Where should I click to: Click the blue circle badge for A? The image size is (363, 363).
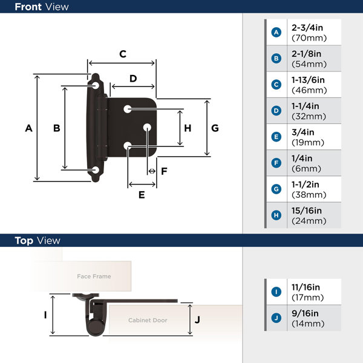coord(276,33)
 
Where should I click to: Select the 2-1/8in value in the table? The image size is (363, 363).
coord(307,54)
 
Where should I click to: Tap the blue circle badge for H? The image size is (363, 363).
coord(276,215)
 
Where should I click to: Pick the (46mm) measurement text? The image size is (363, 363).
coord(309,90)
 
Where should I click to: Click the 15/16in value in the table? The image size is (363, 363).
coord(307,211)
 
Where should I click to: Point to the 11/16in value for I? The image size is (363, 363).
coord(307,287)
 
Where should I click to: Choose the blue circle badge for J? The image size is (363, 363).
coord(276,318)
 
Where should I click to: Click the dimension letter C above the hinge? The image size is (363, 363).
coord(122,54)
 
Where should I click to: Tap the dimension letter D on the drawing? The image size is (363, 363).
coord(133,79)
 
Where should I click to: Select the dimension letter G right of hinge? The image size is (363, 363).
coord(215,128)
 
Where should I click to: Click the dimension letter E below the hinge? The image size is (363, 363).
coord(142,195)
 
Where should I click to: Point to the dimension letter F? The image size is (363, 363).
coord(164,171)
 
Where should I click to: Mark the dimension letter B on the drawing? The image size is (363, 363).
coord(56,128)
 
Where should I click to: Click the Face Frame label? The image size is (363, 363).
coord(94,276)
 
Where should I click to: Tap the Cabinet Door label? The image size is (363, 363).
coord(148,320)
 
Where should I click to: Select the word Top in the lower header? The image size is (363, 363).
coord(24,241)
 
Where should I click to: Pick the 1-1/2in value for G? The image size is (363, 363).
coord(307,185)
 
